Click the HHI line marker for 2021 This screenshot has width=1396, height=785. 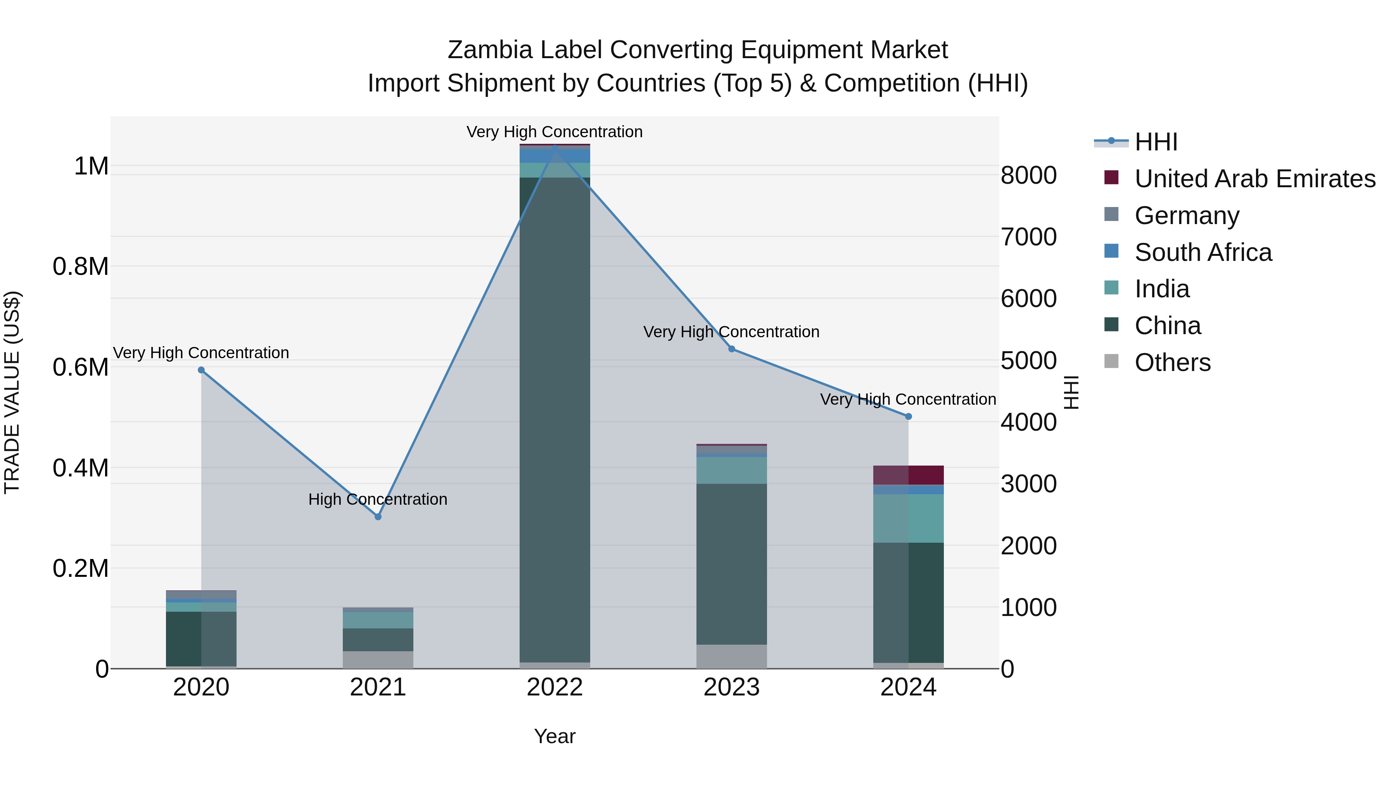378,517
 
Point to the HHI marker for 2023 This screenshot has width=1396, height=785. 732,349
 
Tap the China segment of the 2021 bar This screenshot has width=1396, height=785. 378,640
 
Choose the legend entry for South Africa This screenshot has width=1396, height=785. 1202,252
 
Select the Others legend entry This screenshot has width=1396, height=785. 1172,362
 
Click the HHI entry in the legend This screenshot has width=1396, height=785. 1156,142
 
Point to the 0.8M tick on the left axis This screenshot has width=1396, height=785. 80,267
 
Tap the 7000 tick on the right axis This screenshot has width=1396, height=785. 1028,237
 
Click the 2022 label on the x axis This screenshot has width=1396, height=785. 555,687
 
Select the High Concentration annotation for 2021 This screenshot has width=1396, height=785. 378,499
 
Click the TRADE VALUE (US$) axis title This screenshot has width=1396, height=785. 12,392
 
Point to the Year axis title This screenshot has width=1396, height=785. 555,736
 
